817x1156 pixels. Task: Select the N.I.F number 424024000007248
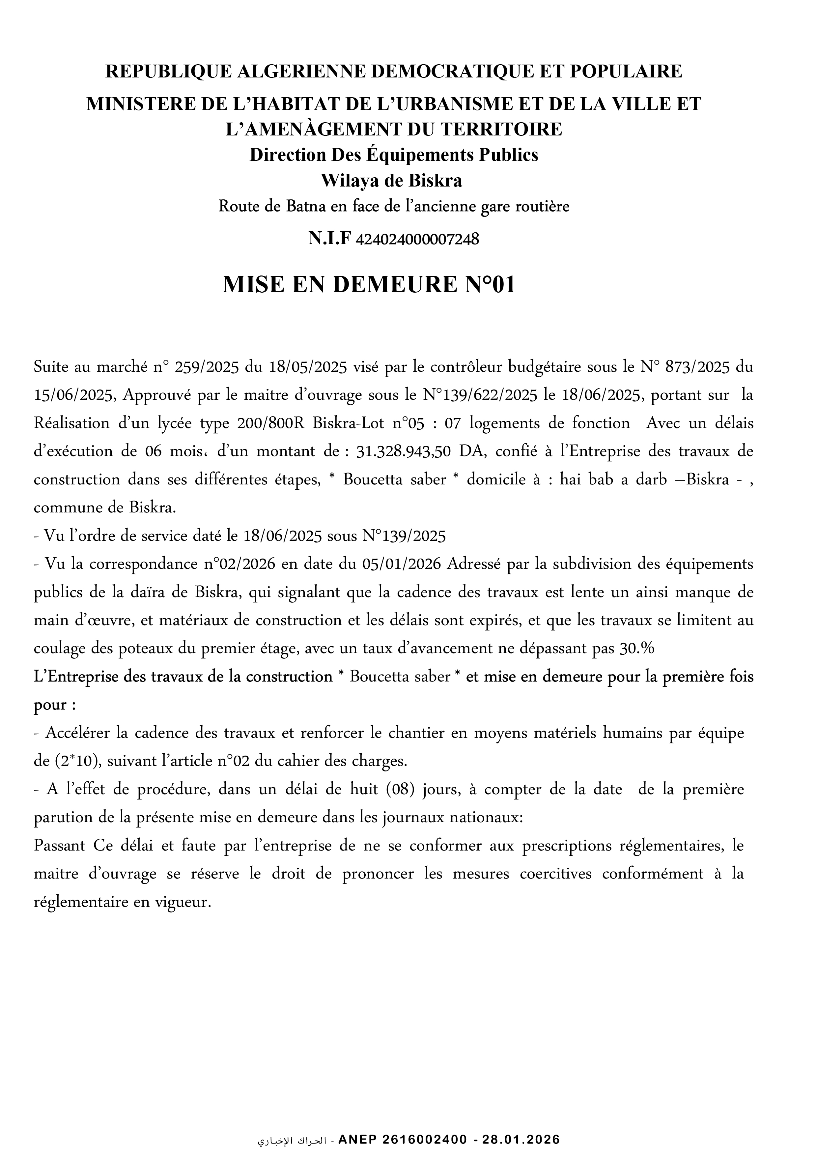(x=417, y=240)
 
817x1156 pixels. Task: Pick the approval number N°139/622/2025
(x=480, y=395)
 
